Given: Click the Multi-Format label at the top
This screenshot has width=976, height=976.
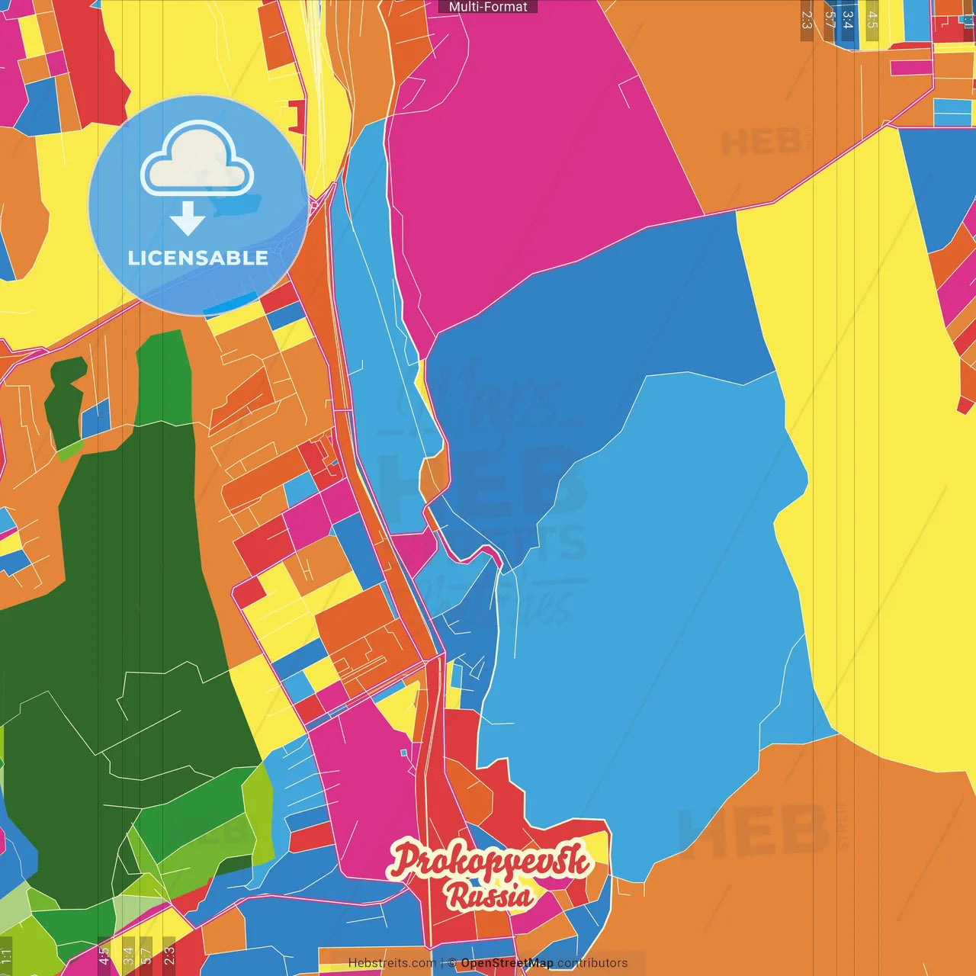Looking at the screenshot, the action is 488,7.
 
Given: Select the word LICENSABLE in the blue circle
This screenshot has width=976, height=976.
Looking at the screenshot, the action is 198,258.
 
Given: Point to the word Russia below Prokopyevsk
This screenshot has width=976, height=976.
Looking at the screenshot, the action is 490,897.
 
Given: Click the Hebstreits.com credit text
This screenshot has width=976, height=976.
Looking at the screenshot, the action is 392,963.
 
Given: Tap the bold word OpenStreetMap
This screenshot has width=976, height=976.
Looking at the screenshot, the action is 507,963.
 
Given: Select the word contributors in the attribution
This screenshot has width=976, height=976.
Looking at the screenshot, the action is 592,963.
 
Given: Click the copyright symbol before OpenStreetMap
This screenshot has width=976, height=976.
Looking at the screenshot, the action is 452,963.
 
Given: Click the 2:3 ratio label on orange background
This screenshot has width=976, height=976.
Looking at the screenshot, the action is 807,21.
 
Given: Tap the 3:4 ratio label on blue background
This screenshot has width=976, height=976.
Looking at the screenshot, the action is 848,21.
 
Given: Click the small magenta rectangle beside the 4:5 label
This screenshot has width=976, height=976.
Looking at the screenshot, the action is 911,68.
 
